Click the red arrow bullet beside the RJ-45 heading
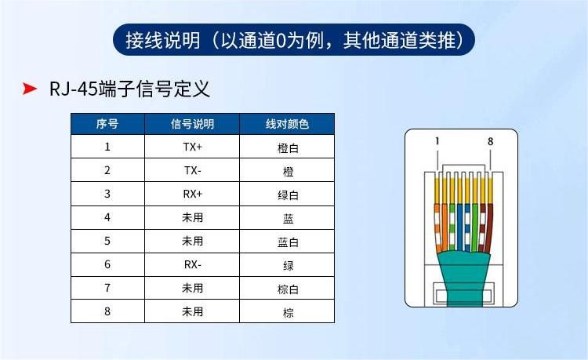(x=29, y=89)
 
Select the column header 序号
(x=107, y=124)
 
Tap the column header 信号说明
(x=192, y=124)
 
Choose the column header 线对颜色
(x=287, y=124)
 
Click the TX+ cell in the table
(x=192, y=147)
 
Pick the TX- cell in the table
(x=192, y=170)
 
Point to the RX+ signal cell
(x=192, y=194)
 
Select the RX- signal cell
(x=192, y=264)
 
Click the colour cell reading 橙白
(x=288, y=147)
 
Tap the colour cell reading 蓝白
(x=288, y=242)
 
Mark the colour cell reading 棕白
(x=288, y=289)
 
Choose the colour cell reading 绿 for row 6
(x=288, y=266)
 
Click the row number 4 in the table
(x=107, y=217)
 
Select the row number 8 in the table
(x=107, y=311)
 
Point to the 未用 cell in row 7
(x=192, y=288)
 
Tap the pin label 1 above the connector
(x=437, y=141)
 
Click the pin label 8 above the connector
(x=491, y=141)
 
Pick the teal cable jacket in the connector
(x=464, y=278)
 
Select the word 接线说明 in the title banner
(x=163, y=40)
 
